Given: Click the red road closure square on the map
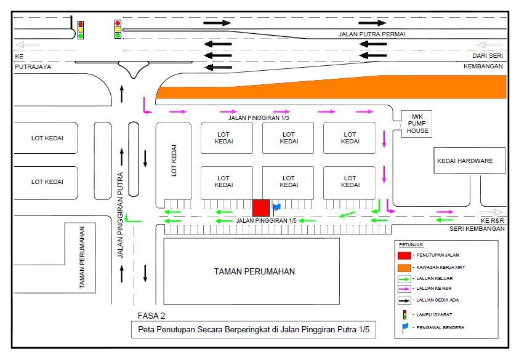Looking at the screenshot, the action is click(x=261, y=208).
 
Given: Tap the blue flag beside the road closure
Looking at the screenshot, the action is click(x=276, y=208).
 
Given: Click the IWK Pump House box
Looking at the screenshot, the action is click(x=417, y=124).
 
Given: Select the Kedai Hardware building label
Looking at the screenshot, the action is click(x=465, y=161).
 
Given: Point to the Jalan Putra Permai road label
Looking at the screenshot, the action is click(x=372, y=34).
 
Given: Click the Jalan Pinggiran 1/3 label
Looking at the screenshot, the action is click(x=259, y=118).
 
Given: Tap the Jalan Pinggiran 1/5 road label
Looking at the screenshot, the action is click(x=266, y=220).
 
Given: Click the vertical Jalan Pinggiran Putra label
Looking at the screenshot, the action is click(x=120, y=215).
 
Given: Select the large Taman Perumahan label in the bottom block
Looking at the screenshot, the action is click(x=254, y=271).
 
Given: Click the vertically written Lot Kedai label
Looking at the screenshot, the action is click(x=174, y=161).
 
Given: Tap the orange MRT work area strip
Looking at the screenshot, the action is click(x=331, y=87).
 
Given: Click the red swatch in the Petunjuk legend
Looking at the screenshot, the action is click(x=404, y=255).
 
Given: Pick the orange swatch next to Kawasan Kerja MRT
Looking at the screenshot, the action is click(x=404, y=268).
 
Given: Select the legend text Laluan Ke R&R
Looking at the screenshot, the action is click(x=434, y=288).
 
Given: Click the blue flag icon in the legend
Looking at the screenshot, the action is click(x=405, y=327).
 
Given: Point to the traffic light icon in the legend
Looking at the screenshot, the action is click(x=404, y=314).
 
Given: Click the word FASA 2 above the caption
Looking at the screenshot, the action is click(x=151, y=316).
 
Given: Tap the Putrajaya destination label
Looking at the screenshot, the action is click(x=33, y=66).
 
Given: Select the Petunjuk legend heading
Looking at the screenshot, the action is click(x=411, y=245).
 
